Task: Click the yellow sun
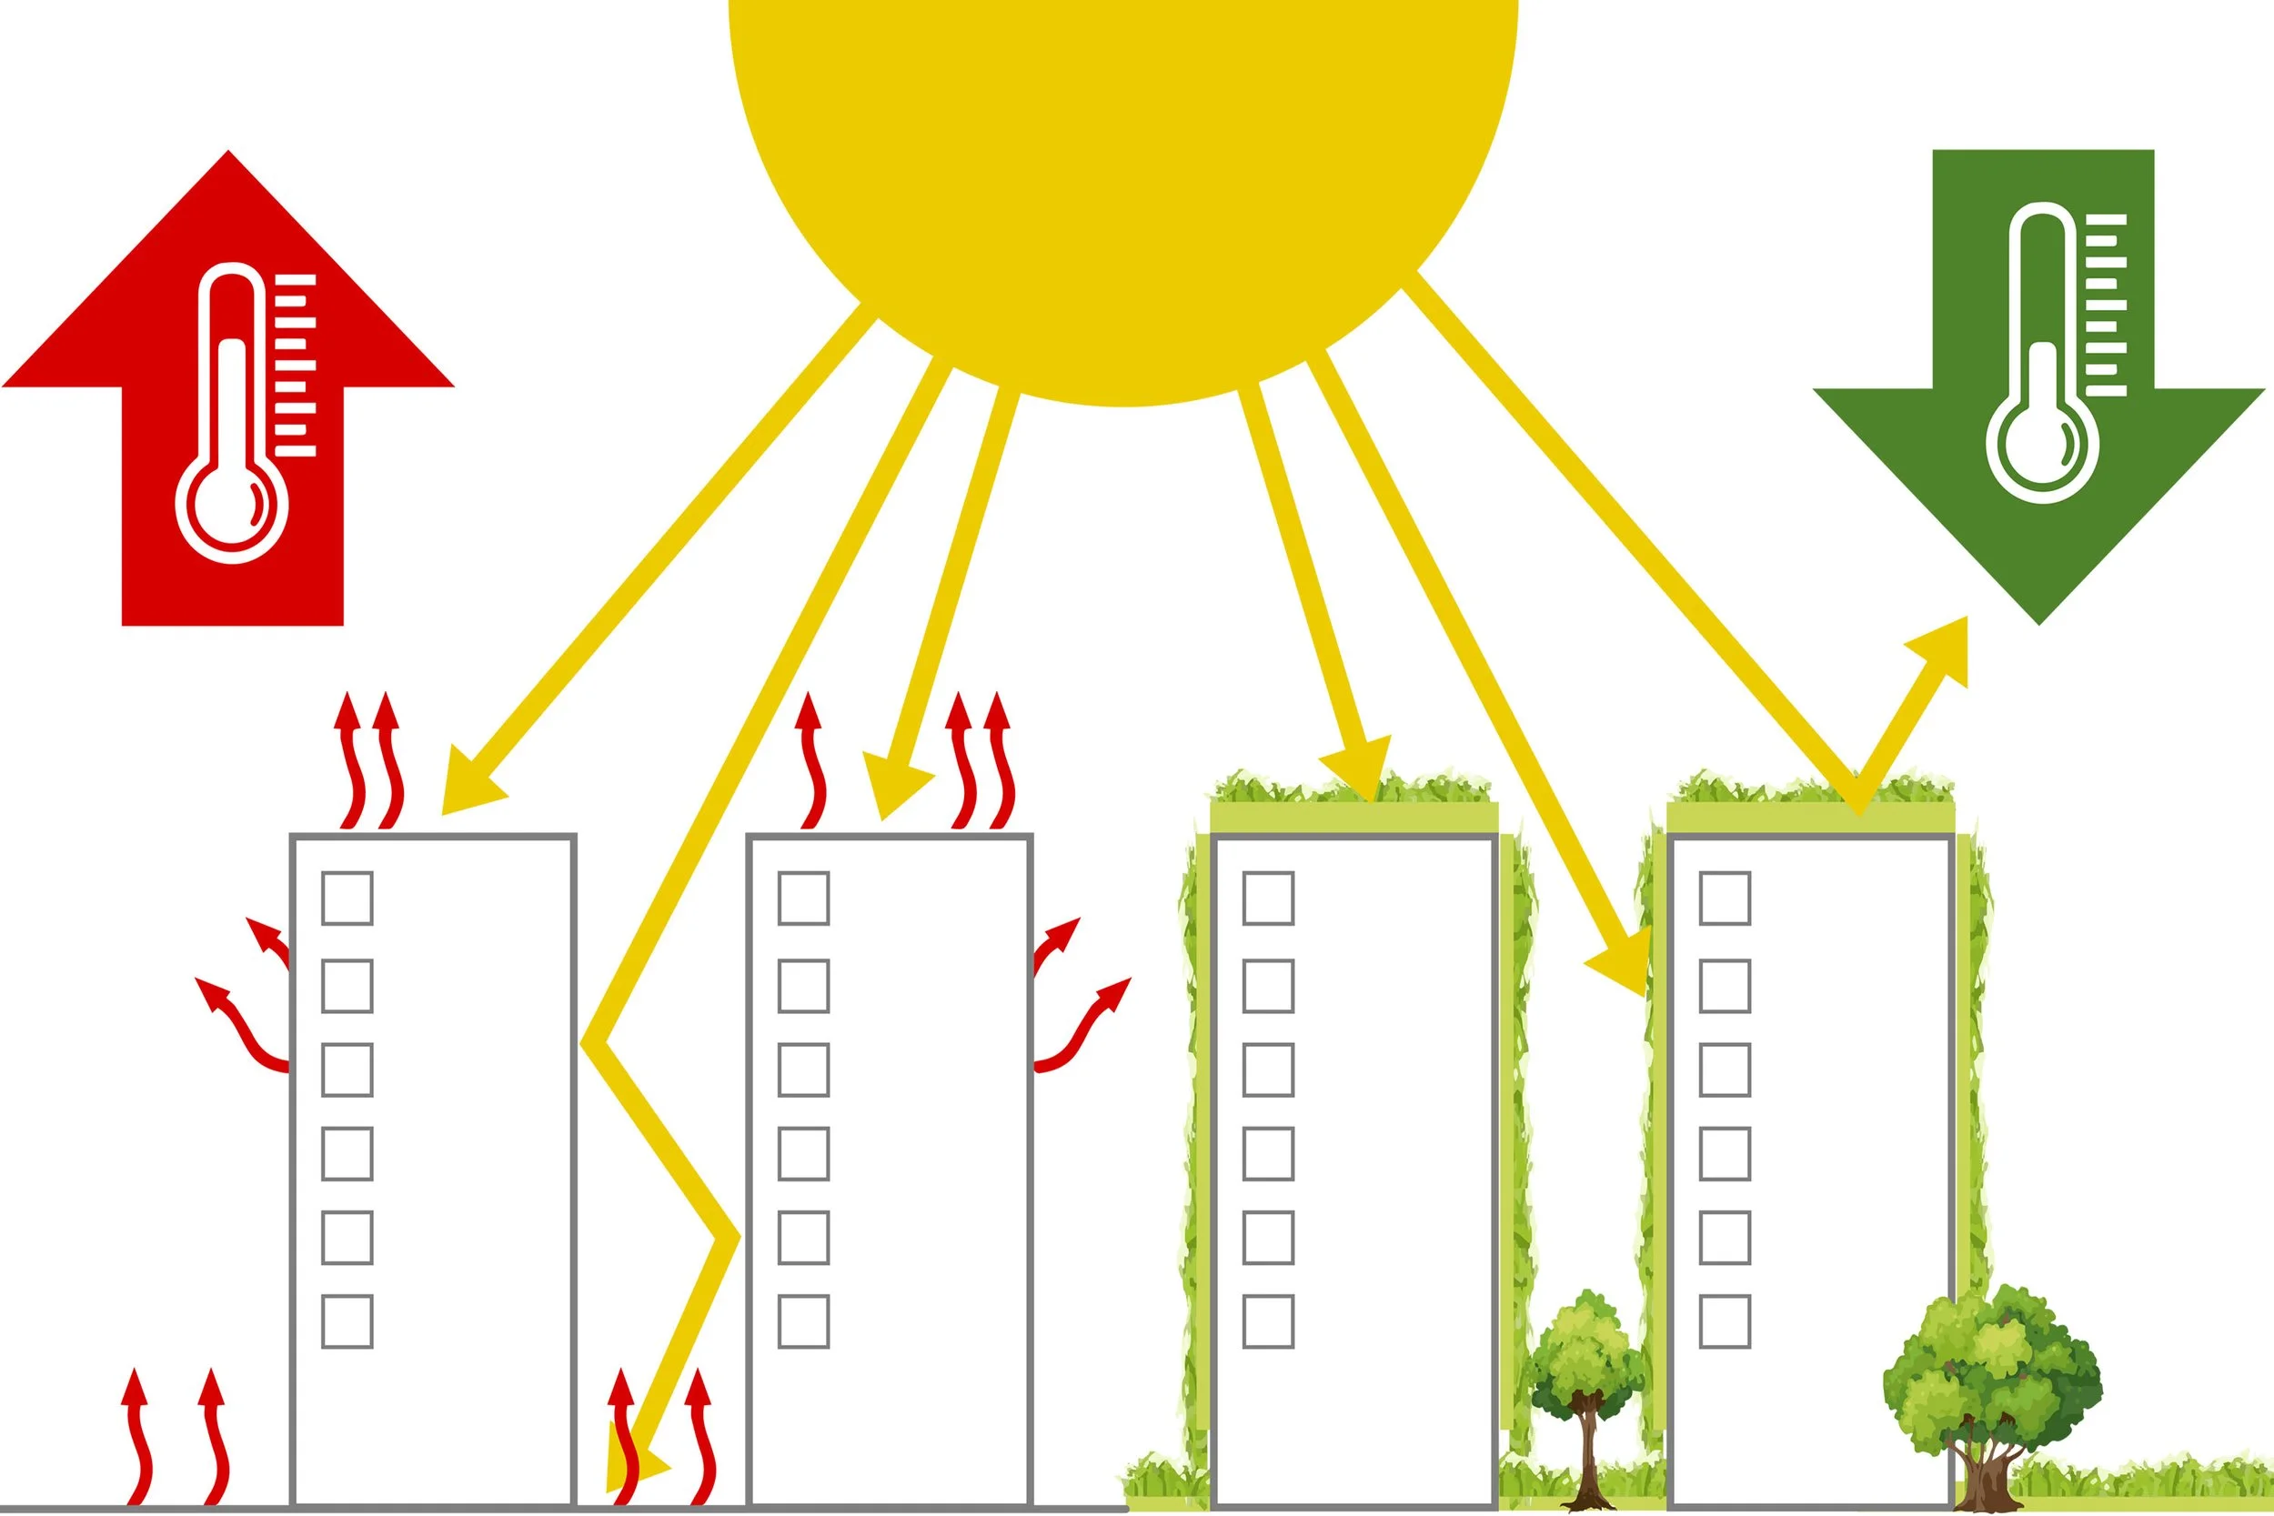click(x=1122, y=174)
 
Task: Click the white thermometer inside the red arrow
click(x=232, y=416)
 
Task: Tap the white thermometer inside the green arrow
click(x=2042, y=353)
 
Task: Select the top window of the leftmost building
click(x=347, y=899)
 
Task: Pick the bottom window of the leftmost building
click(x=347, y=1320)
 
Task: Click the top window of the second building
click(x=803, y=899)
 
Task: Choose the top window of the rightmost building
click(x=1725, y=899)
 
